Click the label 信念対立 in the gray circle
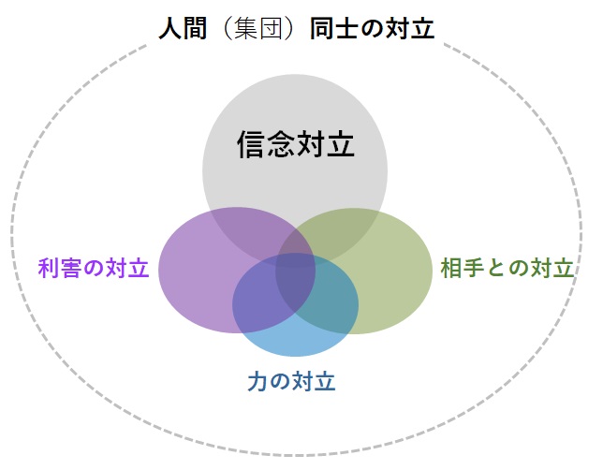click(x=295, y=144)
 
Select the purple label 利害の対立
click(x=94, y=268)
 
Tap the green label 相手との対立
click(x=507, y=268)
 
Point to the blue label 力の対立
click(x=291, y=381)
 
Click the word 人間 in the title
click(x=184, y=29)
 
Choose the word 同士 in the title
click(x=333, y=29)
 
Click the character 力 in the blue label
click(x=257, y=381)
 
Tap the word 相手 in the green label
click(x=463, y=268)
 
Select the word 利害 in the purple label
click(x=60, y=268)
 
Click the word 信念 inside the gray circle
click(x=266, y=144)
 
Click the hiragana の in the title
click(x=372, y=29)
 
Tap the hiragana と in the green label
click(x=495, y=268)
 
